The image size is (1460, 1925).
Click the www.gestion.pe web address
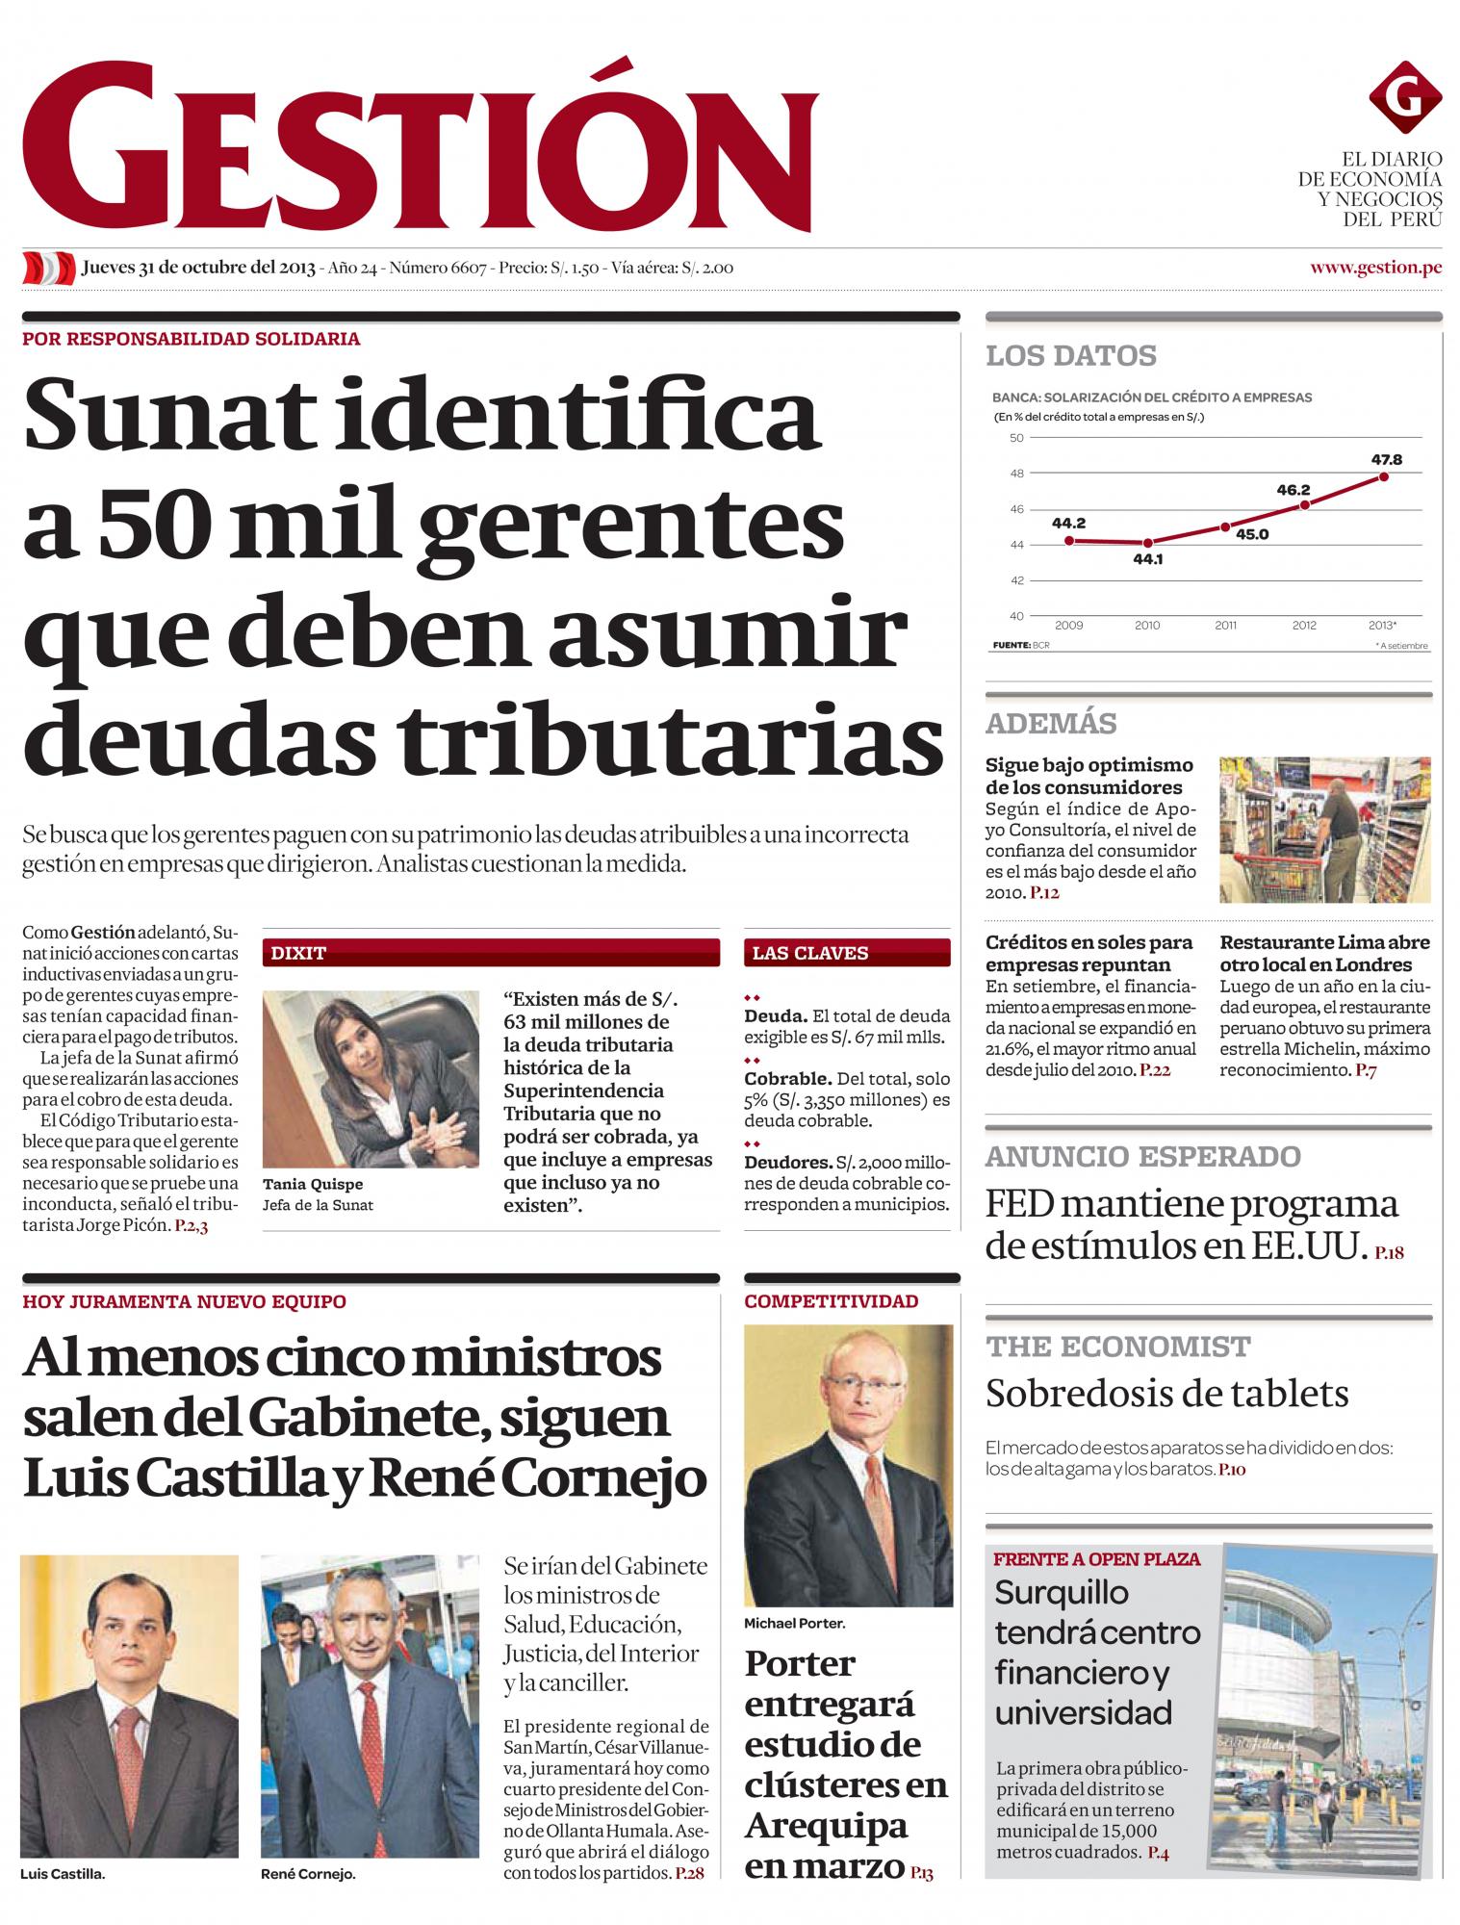1375,268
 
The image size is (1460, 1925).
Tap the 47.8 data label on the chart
1386,459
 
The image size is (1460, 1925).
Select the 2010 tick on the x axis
1147,626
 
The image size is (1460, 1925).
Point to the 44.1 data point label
1148,558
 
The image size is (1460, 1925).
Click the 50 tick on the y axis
1016,438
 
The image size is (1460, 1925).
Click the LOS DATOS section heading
1070,355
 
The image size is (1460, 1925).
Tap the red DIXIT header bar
491,953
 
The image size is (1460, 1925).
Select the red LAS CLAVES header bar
847,953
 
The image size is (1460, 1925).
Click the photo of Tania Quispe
371,1078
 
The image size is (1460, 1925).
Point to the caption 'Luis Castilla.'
63,1875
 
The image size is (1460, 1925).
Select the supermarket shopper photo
1324,830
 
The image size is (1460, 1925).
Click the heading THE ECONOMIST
1117,1347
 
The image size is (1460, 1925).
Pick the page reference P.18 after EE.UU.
1389,1253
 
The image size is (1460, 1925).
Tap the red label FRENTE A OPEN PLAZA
1096,1558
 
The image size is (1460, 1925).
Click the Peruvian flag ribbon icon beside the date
48,268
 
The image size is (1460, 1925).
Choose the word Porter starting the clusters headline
799,1663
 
